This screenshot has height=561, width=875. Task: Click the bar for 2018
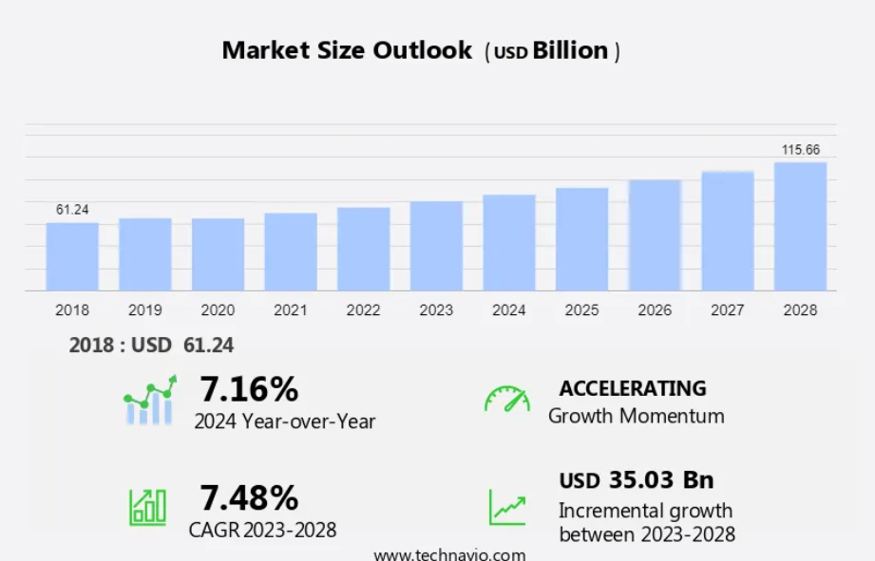(72, 256)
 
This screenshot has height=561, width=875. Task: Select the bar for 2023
(436, 246)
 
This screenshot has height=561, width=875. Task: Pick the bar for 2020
(218, 254)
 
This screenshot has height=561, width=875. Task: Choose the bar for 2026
(655, 234)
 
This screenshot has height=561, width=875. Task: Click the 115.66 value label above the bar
(800, 150)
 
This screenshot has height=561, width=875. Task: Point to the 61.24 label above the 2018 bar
(72, 210)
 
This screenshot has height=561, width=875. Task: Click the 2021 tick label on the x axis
(291, 310)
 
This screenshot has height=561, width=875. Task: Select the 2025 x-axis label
(581, 310)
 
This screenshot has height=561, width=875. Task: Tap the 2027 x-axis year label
(727, 310)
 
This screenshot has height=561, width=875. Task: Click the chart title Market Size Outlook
(347, 50)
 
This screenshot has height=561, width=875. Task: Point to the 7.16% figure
(249, 389)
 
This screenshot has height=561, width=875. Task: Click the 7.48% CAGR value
(249, 497)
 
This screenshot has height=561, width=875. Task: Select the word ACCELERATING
(633, 388)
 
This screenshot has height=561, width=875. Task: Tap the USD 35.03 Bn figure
(636, 479)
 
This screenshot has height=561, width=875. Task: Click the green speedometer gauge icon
(507, 399)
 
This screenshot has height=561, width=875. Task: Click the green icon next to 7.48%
(147, 507)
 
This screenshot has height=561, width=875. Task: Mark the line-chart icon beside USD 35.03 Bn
(507, 507)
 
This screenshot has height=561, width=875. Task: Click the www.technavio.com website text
(449, 554)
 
